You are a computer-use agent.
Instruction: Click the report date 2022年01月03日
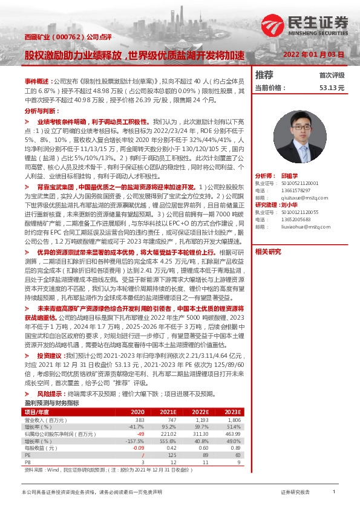[314, 54]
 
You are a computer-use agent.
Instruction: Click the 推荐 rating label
[264, 75]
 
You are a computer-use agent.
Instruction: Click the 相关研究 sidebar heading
[268, 251]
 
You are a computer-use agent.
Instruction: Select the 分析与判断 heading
[42, 111]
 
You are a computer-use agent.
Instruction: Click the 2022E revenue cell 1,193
[201, 419]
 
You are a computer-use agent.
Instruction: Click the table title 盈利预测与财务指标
[51, 403]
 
